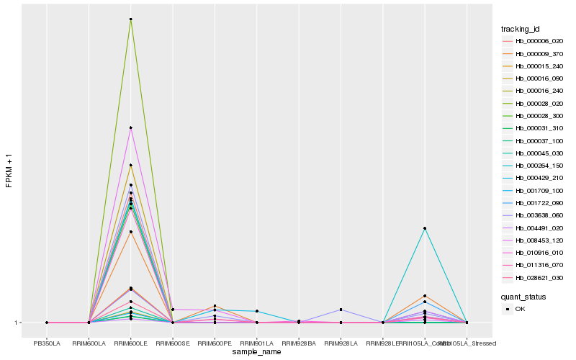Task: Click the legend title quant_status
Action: (523, 296)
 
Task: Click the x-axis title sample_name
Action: (256, 352)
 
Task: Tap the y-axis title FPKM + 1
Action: (9, 170)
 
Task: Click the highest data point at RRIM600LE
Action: (130, 19)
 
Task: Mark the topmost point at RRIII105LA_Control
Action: (425, 228)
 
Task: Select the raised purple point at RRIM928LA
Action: (341, 310)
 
